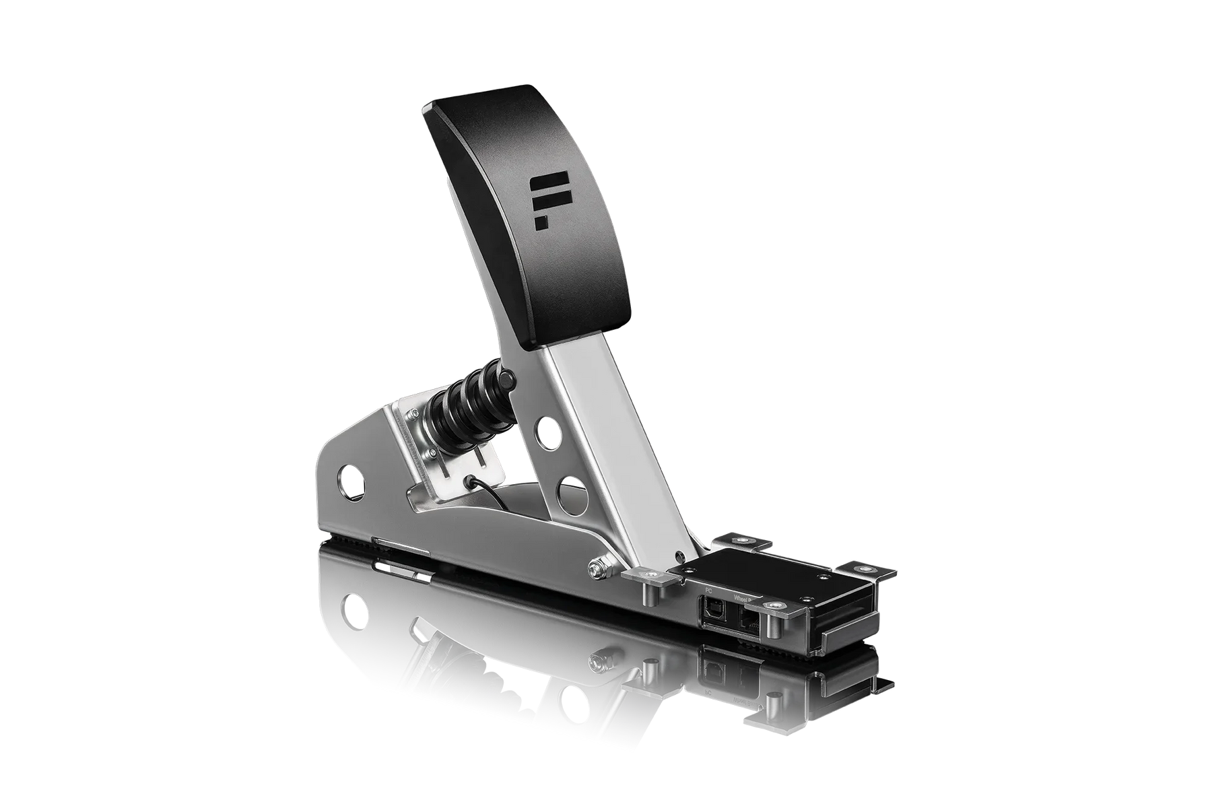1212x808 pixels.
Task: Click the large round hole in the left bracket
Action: point(352,479)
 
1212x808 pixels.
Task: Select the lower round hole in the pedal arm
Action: point(570,489)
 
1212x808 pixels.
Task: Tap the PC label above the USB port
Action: point(707,591)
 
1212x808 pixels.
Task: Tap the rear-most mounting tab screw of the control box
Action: point(743,539)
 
